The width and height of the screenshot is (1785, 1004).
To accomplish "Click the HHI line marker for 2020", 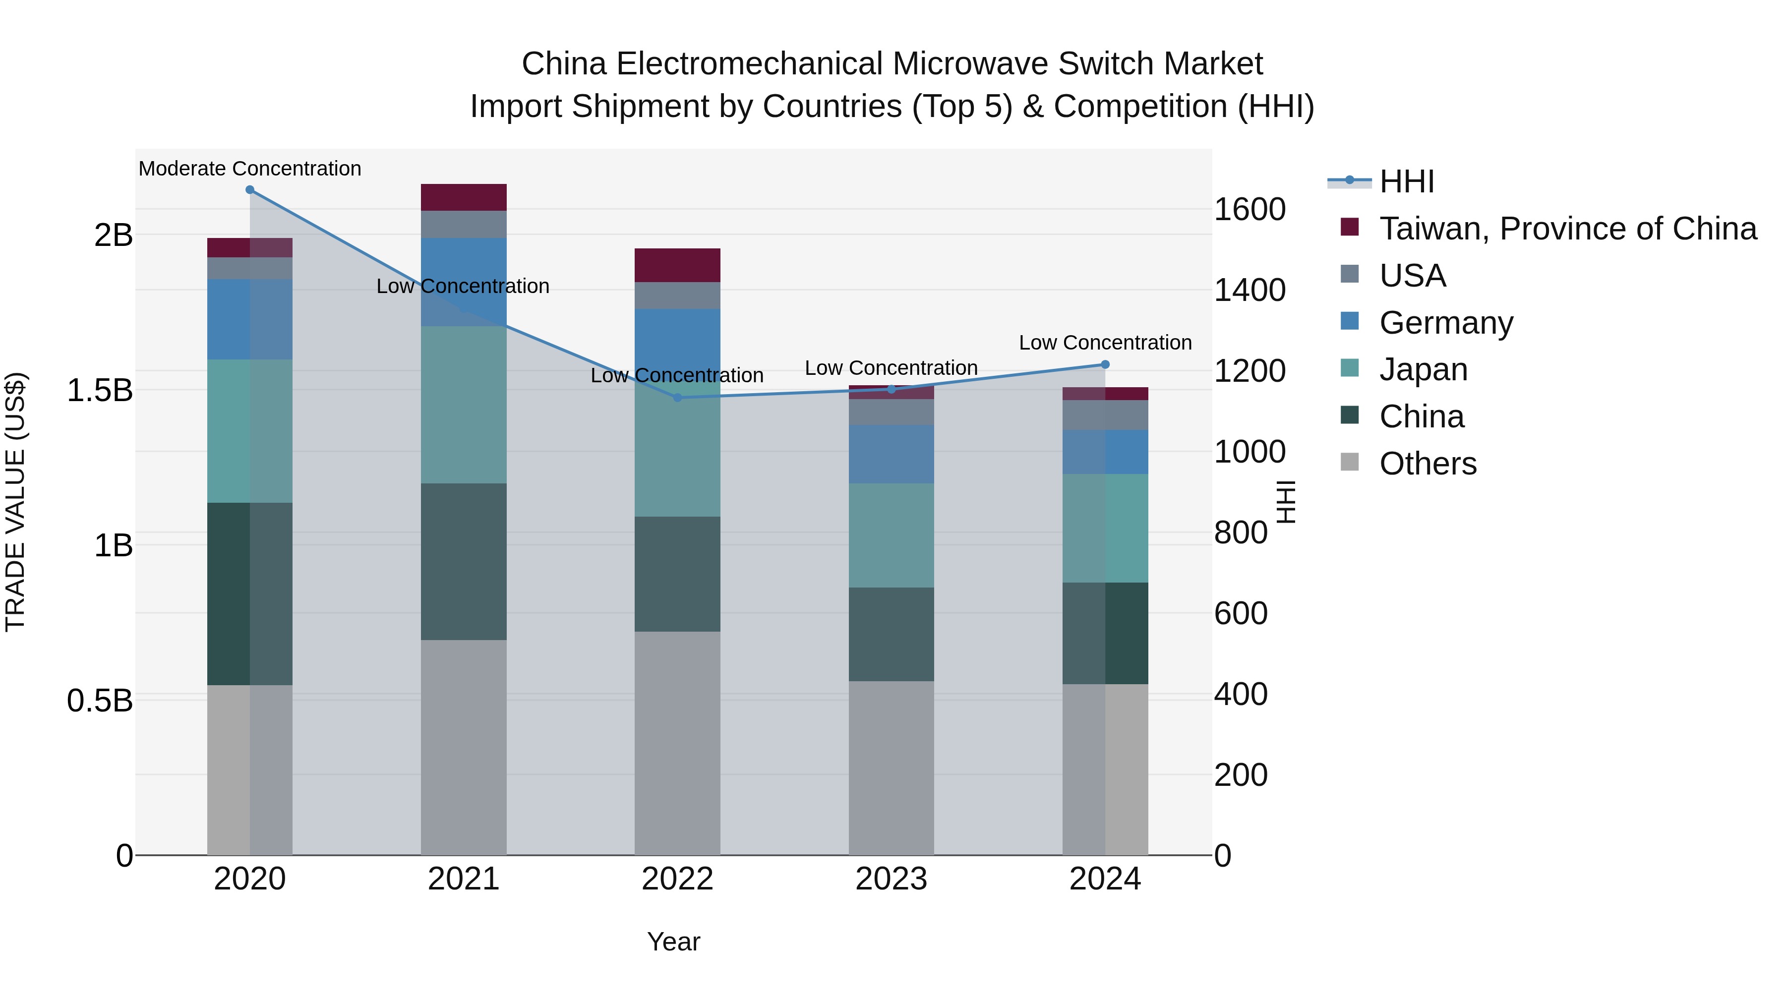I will coord(250,190).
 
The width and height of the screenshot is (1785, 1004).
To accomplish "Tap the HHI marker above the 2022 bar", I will coord(678,398).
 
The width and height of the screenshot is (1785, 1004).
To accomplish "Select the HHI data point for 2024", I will coord(1105,364).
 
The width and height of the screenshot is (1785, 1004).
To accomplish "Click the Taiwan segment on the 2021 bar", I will coord(464,197).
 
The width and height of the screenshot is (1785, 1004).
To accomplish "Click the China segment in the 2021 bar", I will coord(464,561).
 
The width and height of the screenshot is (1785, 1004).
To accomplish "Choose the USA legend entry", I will coord(1412,276).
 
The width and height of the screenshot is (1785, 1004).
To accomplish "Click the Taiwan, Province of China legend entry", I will coord(1567,229).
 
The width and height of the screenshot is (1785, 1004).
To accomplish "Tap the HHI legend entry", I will coord(1406,181).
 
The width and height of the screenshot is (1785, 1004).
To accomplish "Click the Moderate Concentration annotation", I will coord(250,169).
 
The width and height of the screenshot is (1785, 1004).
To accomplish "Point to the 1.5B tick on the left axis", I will coord(99,390).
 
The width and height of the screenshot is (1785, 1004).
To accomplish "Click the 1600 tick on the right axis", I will coord(1249,209).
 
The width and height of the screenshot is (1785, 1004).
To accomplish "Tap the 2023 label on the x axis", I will coord(891,879).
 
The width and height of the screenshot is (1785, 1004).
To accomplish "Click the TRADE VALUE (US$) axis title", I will coord(15,502).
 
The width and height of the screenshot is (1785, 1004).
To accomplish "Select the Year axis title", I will coord(673,942).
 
